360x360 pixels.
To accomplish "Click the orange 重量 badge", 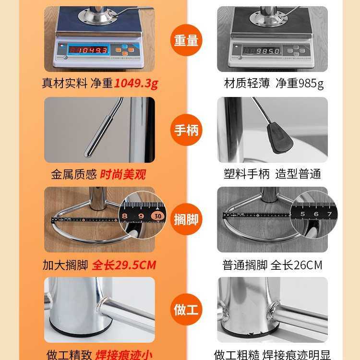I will coord(186,40).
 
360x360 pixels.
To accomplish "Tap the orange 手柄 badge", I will coord(186,130).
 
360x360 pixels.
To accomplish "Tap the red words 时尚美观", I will coord(123,174).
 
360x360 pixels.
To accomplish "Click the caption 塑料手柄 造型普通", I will coord(272,174).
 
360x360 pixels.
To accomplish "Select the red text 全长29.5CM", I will coord(124,265).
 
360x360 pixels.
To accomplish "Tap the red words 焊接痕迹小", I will coord(123,355).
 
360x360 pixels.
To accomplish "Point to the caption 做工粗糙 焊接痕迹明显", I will coord(272,355).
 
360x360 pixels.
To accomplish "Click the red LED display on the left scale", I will coord(87,50).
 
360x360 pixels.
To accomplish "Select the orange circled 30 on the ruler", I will coord(158,216).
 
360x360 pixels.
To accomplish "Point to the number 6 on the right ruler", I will coord(316,214).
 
